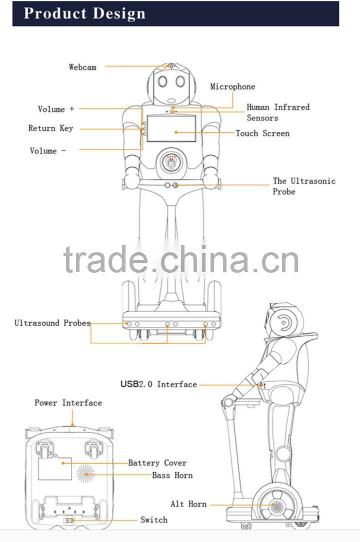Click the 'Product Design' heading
[x=84, y=13]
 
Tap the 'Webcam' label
[x=82, y=66]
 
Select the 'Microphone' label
[x=232, y=86]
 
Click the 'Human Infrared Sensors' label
[x=277, y=112]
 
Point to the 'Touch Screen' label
[x=262, y=133]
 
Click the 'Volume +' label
[x=56, y=109]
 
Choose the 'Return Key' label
[x=50, y=128]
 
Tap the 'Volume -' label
[x=48, y=150]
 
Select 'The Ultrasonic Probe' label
[x=303, y=186]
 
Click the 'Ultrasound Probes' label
[x=52, y=323]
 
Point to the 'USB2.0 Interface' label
[x=158, y=384]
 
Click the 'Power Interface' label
[x=68, y=403]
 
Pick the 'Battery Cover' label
[x=157, y=463]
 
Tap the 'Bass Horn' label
[x=172, y=475]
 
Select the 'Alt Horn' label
[x=188, y=504]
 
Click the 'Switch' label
[x=153, y=520]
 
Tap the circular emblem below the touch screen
[x=171, y=162]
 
